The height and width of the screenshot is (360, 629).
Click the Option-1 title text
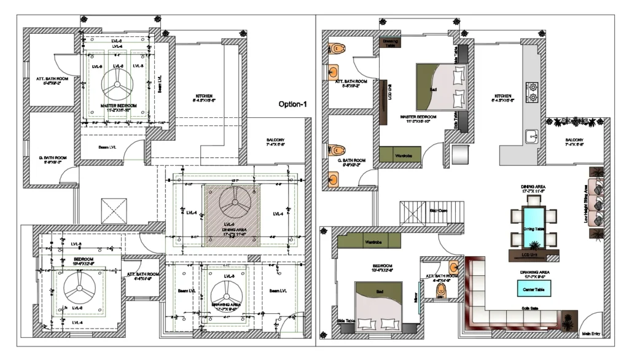[292, 104]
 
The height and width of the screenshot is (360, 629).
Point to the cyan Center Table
[526, 288]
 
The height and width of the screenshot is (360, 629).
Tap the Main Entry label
[592, 334]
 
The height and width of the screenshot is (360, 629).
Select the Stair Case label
[438, 211]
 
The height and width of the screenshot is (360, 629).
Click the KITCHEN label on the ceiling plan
[204, 96]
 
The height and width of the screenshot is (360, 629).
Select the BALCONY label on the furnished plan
[574, 140]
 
